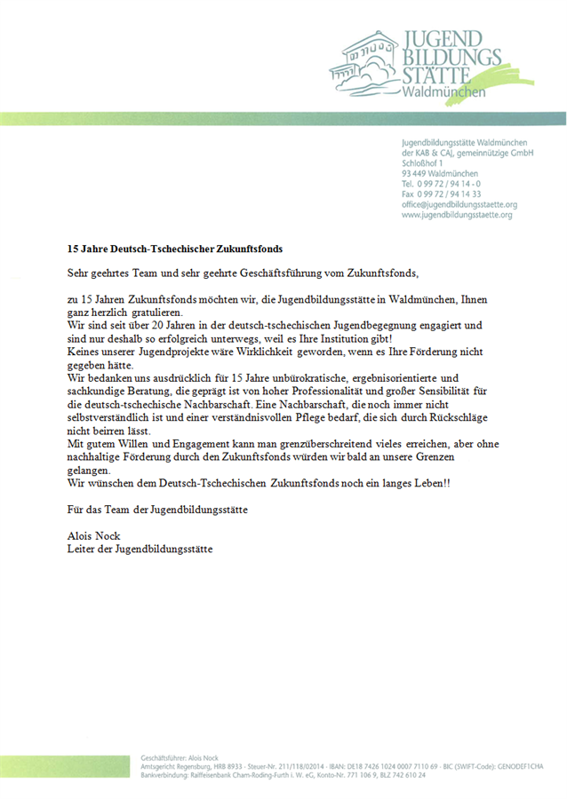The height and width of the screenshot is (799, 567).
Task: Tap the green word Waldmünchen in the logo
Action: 442,92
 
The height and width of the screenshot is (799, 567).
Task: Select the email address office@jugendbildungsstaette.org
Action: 459,204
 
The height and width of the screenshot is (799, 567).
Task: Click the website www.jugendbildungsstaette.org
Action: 457,215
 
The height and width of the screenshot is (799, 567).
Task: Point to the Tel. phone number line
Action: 442,184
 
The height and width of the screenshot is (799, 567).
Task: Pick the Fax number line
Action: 442,194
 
